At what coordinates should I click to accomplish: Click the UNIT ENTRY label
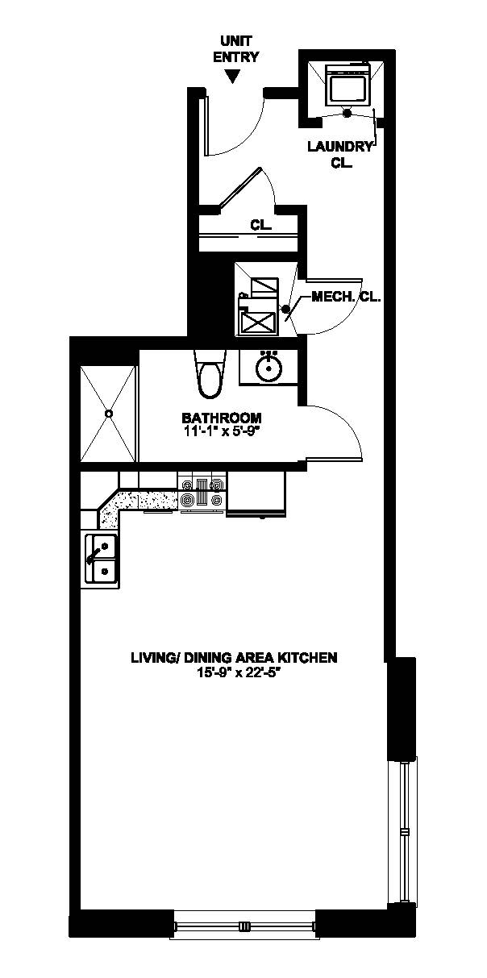(x=236, y=50)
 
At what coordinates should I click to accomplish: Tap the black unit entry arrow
(x=234, y=77)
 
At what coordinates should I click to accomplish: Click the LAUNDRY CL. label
(x=341, y=154)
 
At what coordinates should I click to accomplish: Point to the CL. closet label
(x=260, y=226)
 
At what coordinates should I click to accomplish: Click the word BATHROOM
(x=221, y=418)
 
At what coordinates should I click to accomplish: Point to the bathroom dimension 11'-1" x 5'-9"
(x=221, y=431)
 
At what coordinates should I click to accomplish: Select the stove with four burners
(x=202, y=492)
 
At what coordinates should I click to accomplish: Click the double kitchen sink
(x=102, y=559)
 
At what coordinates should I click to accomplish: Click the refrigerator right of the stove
(x=256, y=493)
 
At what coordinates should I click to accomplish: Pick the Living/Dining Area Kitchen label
(x=234, y=658)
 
